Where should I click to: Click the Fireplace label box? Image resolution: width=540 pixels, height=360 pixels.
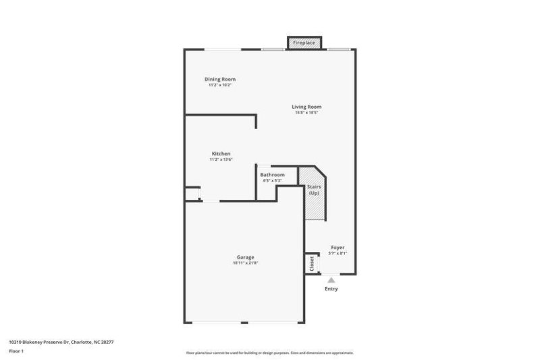[x=304, y=43]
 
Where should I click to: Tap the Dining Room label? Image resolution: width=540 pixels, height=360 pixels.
[x=220, y=79]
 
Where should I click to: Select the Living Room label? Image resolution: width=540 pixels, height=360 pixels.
[x=306, y=107]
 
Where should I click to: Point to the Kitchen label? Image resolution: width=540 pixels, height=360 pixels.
[x=221, y=154]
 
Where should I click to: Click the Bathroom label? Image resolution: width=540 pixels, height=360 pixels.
[x=273, y=175]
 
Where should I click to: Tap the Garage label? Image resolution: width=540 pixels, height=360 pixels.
[x=245, y=257]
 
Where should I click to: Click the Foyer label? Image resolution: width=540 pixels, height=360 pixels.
[x=337, y=248]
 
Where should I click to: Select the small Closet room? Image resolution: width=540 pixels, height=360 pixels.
[x=312, y=263]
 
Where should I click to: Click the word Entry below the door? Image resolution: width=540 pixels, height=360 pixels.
[x=331, y=289]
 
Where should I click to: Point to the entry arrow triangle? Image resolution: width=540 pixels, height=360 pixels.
[x=331, y=279]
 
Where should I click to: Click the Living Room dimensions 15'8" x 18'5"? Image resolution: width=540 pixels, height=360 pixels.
[x=306, y=113]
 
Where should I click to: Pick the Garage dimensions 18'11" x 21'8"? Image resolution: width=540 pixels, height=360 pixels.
[x=245, y=263]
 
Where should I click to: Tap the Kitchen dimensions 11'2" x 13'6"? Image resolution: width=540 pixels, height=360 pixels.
[x=221, y=159]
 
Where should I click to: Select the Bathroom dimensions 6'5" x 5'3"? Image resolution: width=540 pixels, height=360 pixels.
[x=273, y=180]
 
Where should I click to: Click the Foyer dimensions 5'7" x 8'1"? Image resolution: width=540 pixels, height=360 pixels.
[x=337, y=253]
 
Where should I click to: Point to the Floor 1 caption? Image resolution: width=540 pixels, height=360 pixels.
[x=16, y=352]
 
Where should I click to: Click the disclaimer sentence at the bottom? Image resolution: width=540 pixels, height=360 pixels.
[x=270, y=353]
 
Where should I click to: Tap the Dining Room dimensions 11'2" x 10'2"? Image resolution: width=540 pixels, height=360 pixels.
[x=220, y=85]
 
